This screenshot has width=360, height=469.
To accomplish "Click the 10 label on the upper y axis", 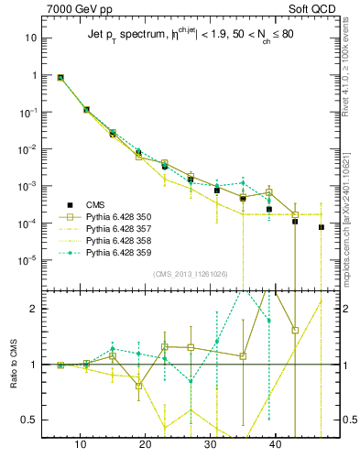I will click(31, 38).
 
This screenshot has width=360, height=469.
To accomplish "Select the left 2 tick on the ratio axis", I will click(36, 308).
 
